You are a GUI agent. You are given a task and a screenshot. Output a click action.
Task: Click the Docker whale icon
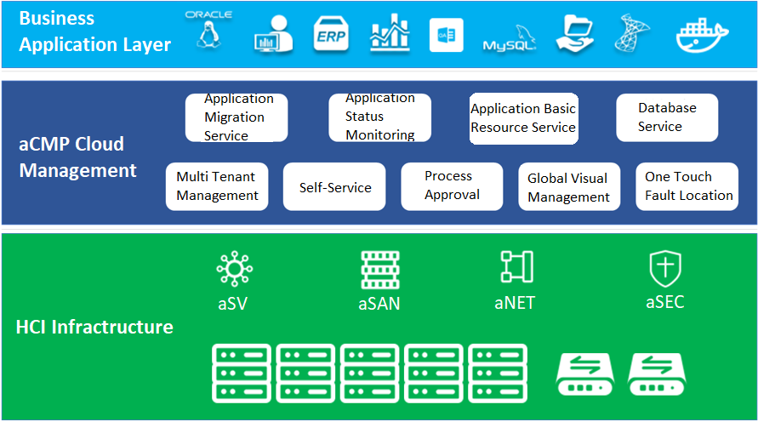coord(702,35)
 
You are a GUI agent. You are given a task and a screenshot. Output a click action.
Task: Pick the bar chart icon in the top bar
coord(390,34)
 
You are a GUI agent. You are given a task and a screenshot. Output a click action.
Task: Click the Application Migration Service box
coord(237,117)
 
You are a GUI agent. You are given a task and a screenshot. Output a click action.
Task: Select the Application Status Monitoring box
coord(379,117)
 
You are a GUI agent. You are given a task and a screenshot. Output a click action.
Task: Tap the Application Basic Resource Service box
coord(522,118)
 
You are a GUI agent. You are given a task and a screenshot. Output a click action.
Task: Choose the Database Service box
coord(667,117)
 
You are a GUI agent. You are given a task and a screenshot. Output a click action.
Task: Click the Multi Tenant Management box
coord(217,186)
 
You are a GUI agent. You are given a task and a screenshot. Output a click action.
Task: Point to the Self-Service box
coord(334,186)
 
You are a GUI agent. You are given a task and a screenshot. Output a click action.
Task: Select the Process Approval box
coord(452,186)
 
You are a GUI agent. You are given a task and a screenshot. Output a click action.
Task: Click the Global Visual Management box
coord(568,187)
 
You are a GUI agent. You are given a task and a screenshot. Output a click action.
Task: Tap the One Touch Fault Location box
coord(687,186)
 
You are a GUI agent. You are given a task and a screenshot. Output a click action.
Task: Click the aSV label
coord(232,304)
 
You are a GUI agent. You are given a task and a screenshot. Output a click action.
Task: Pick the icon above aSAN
coord(379,269)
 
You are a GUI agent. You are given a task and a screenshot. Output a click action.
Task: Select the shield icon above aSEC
coord(664,268)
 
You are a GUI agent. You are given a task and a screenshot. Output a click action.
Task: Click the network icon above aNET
coord(516,267)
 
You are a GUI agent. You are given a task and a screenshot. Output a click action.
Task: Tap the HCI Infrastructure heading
coord(94,327)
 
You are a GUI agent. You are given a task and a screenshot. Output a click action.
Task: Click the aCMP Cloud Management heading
coord(77,157)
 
